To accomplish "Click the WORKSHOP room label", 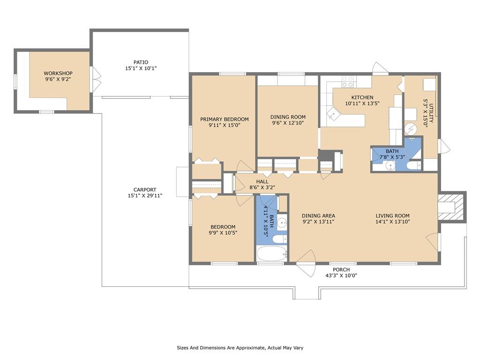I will click(58, 73).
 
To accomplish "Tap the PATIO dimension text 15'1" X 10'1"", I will click(141, 68).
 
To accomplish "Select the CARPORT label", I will click(145, 189).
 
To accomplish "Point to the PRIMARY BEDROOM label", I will click(224, 119).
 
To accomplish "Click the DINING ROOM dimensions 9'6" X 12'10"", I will click(288, 123).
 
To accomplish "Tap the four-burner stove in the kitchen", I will click(347, 82).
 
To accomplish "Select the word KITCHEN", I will click(362, 97).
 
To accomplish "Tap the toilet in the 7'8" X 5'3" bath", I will click(414, 165).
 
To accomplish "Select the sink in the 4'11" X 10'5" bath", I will click(281, 223).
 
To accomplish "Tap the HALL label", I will click(262, 181).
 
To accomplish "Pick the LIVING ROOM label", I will click(392, 216).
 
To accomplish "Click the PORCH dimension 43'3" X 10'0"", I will click(341, 276).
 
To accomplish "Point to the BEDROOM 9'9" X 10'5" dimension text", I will click(223, 232).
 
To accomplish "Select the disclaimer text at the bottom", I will click(243, 348).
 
